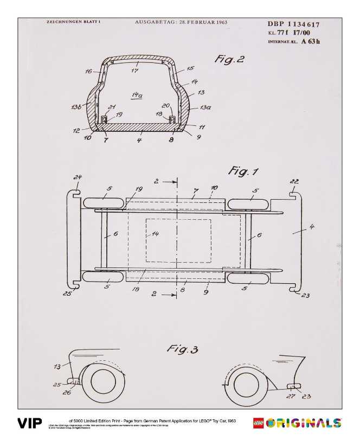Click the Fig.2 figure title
pos(229,59)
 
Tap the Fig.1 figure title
pos(243,172)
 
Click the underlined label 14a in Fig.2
pos(137,95)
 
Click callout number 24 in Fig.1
pos(78,177)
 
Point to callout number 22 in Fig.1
pos(294,182)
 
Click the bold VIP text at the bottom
pos(30,423)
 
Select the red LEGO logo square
pos(259,423)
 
